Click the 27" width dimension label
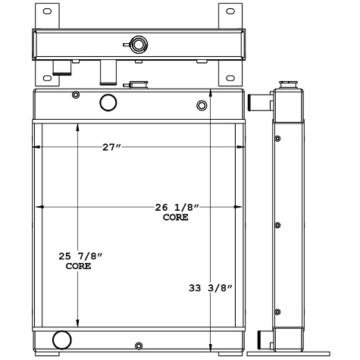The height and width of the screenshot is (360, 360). pos(111,147)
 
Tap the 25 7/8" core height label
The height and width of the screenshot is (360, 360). pos(78,261)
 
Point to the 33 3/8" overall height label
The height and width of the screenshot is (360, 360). pos(210,288)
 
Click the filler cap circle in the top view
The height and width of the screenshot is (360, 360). pos(138,43)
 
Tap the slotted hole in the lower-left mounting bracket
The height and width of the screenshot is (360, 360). pos(43,76)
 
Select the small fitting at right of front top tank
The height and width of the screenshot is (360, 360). pos(202,105)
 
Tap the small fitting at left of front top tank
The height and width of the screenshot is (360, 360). pos(74,95)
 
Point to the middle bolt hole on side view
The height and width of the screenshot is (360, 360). pos(277,226)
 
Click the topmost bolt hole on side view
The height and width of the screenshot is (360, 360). pos(277,139)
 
